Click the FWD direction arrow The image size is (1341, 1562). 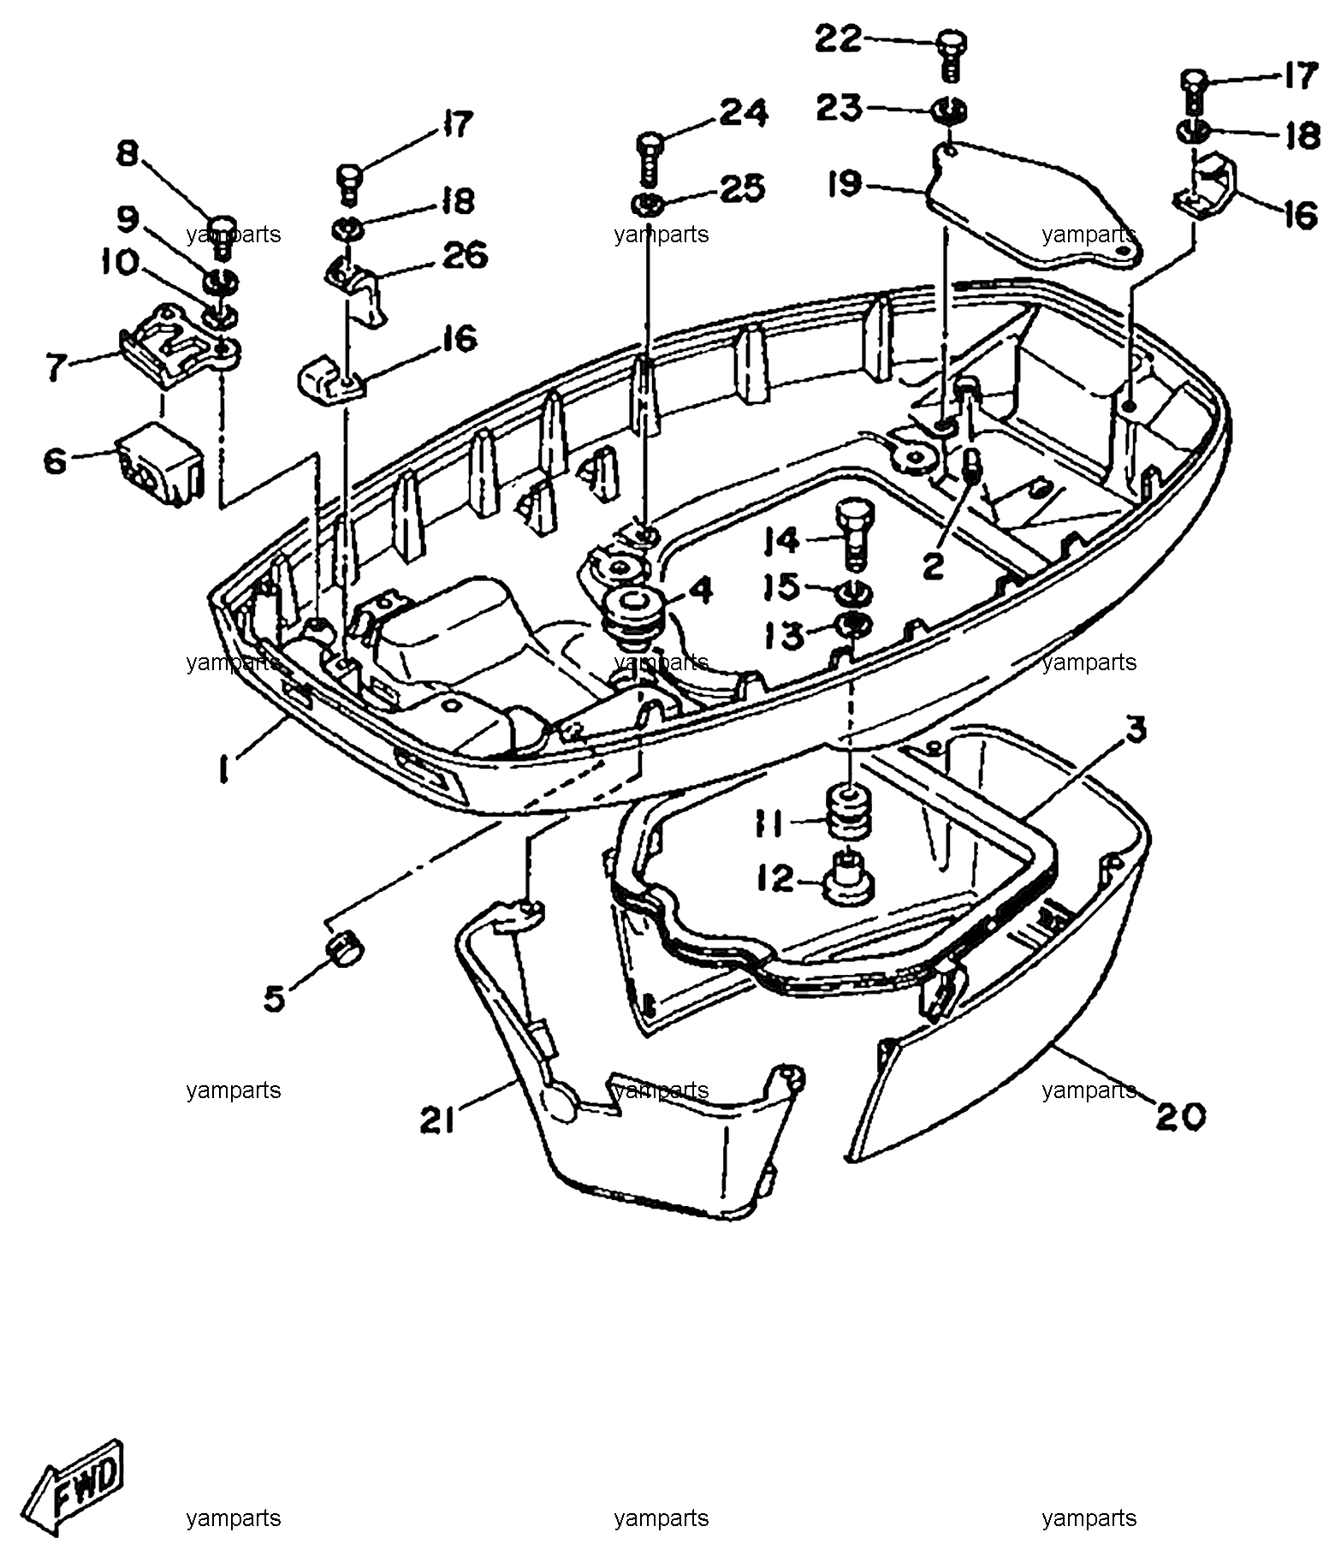[74, 1488]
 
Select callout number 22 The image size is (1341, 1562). [838, 38]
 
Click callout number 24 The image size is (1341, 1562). [743, 113]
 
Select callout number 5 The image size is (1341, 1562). [274, 998]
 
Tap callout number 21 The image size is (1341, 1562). [437, 1120]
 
